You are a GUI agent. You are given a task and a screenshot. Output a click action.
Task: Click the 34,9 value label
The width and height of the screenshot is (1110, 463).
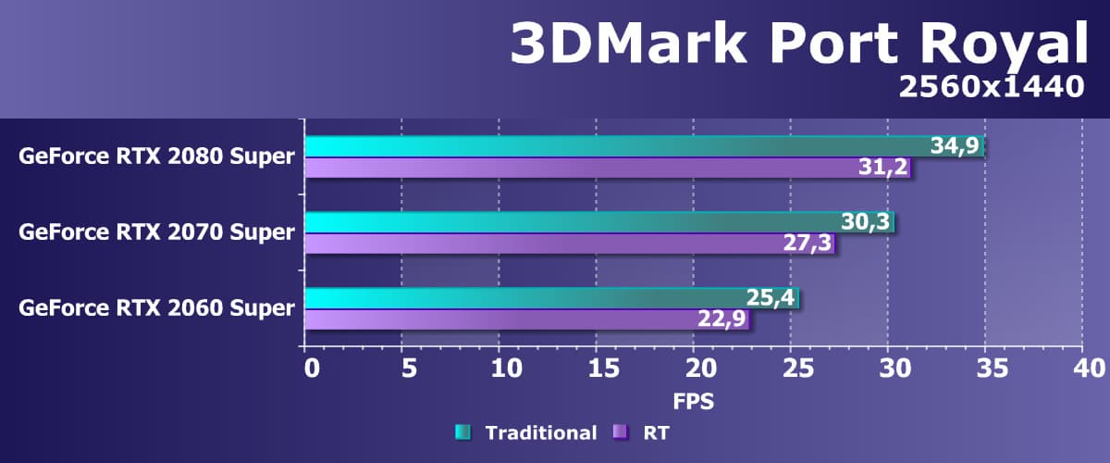[956, 146]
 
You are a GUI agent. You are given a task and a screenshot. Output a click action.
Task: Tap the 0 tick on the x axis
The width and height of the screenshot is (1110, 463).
[312, 369]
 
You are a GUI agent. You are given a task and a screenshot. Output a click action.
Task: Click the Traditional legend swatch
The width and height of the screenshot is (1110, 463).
[463, 432]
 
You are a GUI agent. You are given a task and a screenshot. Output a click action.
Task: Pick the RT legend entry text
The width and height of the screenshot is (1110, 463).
[659, 432]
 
